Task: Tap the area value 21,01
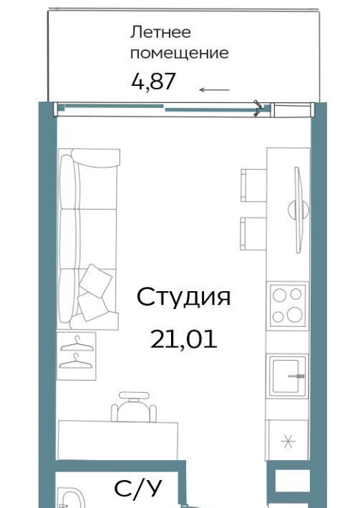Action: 183,340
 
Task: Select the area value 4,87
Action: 154,82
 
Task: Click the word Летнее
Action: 160,32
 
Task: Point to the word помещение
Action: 179,53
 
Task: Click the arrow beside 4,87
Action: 215,89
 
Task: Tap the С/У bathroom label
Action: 138,488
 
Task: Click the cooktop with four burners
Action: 288,306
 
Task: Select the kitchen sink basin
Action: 287,375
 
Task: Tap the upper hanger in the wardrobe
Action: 77,344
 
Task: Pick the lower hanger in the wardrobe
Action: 76,362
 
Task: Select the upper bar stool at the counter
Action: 253,185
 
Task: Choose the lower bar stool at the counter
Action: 253,233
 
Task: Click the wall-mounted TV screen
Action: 298,210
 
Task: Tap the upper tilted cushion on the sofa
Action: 96,280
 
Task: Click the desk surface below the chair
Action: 118,440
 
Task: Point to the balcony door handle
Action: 258,108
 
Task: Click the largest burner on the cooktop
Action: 295,314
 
